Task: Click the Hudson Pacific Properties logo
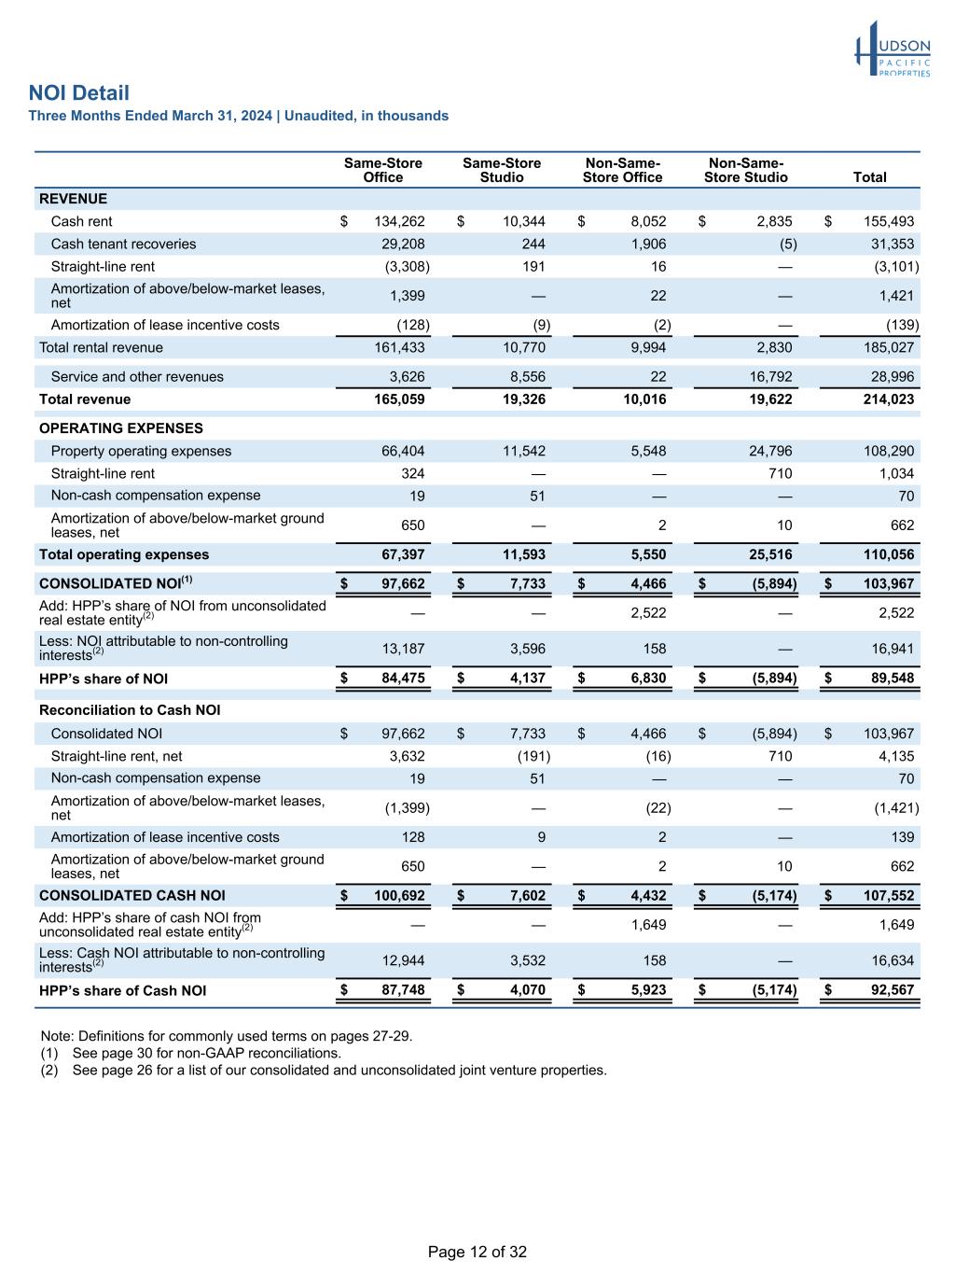coord(893,50)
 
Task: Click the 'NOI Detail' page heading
coord(79,93)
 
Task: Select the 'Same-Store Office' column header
coord(382,170)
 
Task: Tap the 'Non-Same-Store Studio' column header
coord(745,170)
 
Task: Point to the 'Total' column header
coord(869,177)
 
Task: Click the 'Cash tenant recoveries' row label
coord(123,244)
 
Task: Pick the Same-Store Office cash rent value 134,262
coord(399,221)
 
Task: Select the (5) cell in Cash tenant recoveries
coord(787,244)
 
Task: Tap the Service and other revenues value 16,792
coord(769,377)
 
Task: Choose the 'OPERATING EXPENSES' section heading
coord(120,428)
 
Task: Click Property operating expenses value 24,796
coord(769,451)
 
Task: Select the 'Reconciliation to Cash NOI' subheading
coord(130,710)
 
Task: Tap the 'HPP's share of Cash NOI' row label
coord(122,990)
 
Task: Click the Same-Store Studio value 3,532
coord(527,960)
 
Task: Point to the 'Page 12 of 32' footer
coord(477,1252)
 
